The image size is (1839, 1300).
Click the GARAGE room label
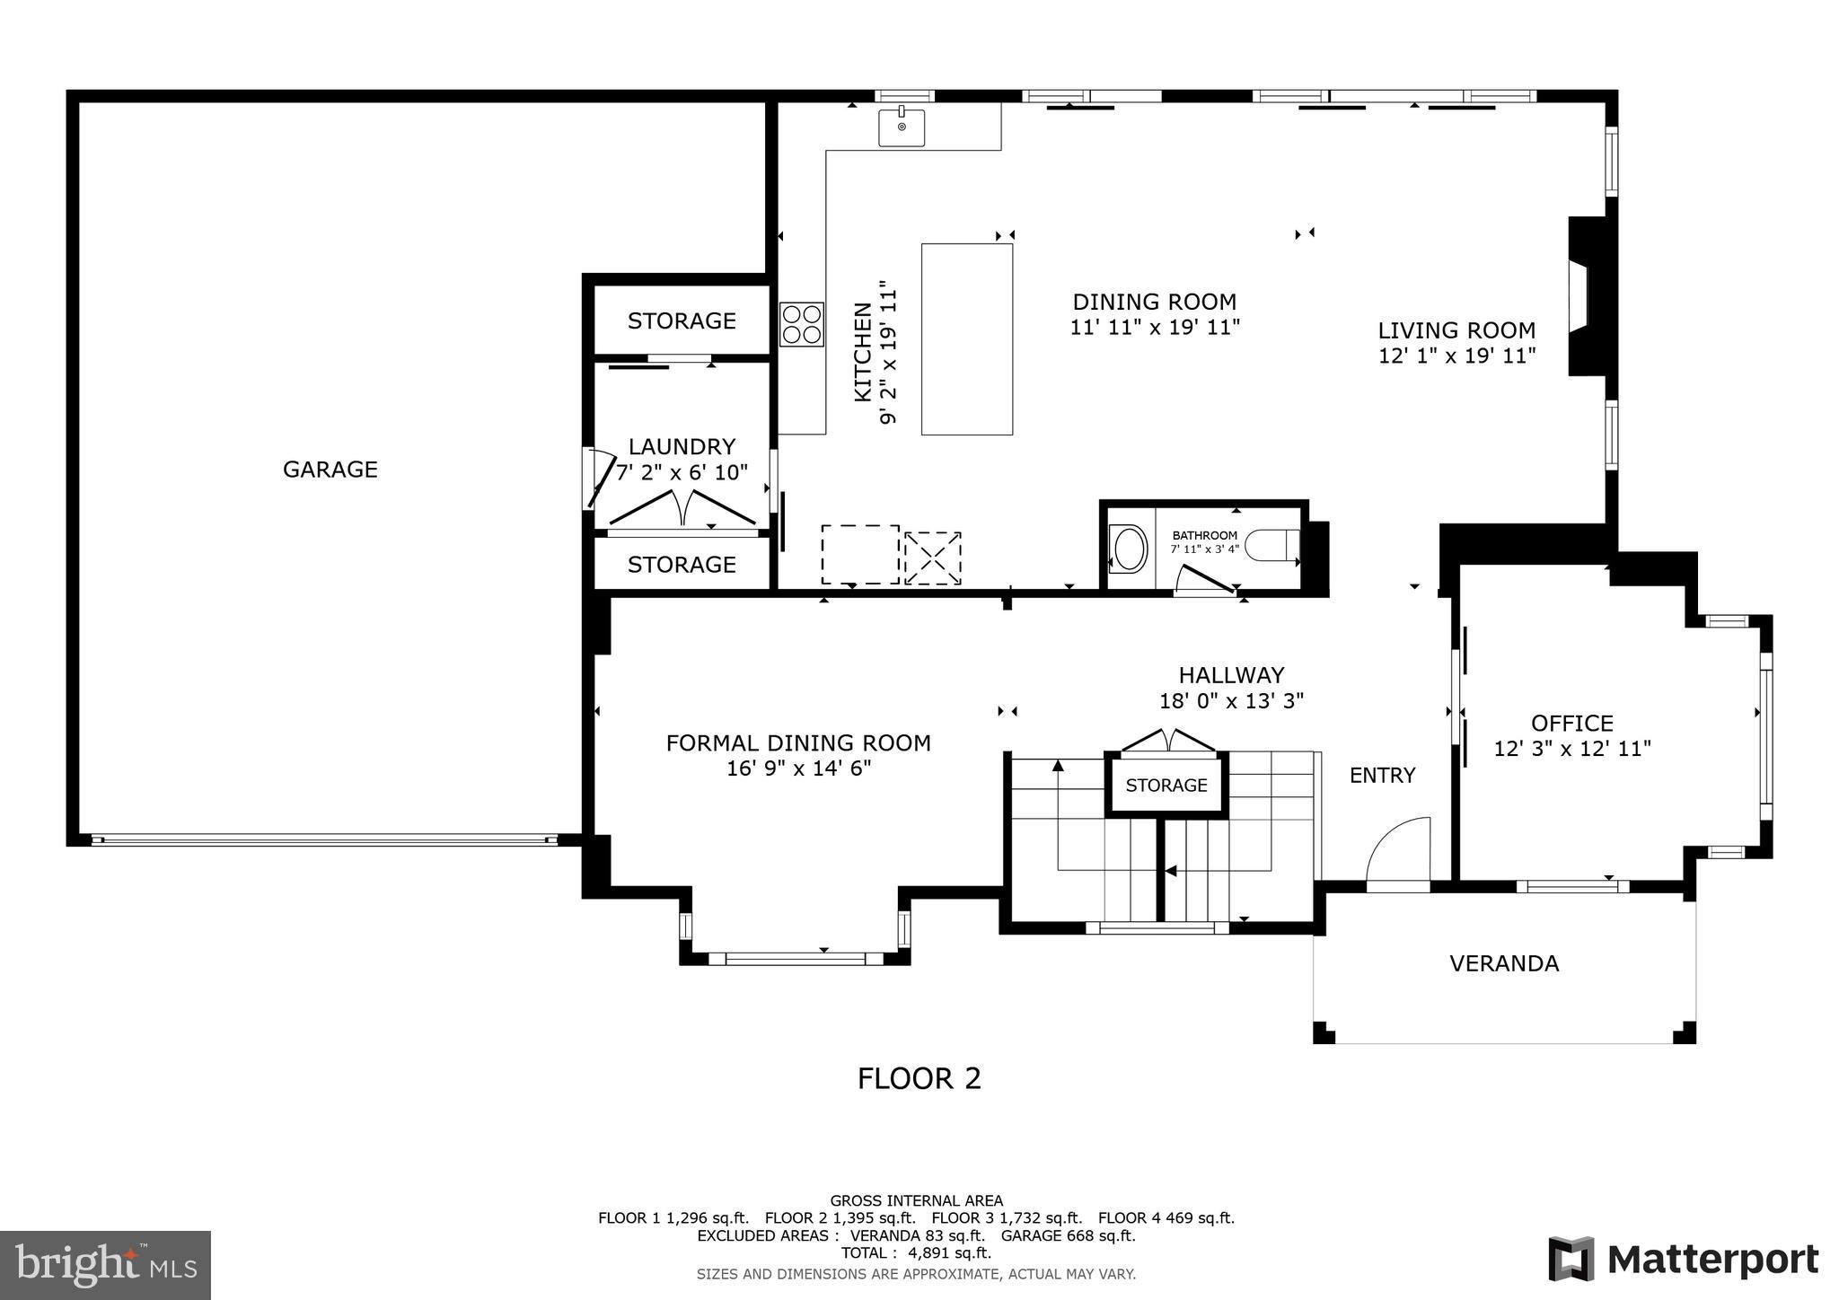[x=330, y=470]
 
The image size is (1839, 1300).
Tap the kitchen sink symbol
[x=901, y=127]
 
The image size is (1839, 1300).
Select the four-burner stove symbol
[x=801, y=324]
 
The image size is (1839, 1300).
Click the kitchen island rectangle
[x=966, y=339]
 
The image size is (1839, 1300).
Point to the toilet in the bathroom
[x=1275, y=545]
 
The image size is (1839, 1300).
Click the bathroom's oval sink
[x=1129, y=548]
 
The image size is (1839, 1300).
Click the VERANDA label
[x=1504, y=963]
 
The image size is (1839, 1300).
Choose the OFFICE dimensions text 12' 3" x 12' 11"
[x=1572, y=749]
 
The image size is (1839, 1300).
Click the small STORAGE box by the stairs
[x=1166, y=786]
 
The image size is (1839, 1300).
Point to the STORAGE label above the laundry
[x=682, y=321]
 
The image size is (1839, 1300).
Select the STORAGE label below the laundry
[x=682, y=564]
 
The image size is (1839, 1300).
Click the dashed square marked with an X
[x=932, y=558]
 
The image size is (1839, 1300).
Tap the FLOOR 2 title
[x=919, y=1078]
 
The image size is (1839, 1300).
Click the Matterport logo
[x=1684, y=1259]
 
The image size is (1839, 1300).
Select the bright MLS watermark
[x=105, y=1265]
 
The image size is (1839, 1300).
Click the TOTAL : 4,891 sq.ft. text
[x=916, y=1252]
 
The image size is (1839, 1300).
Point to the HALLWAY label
[x=1231, y=675]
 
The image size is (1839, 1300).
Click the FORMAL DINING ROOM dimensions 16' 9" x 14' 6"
[x=798, y=769]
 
